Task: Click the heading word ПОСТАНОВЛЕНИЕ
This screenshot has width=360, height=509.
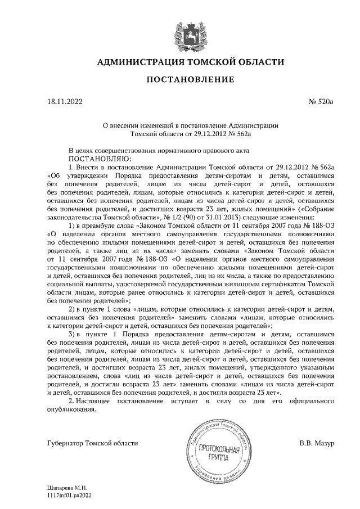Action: (190, 80)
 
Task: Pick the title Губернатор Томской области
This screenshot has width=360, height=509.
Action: (92, 443)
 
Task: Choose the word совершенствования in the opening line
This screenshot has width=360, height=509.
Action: (128, 151)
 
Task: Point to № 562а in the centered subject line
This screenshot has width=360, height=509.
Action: (240, 134)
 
